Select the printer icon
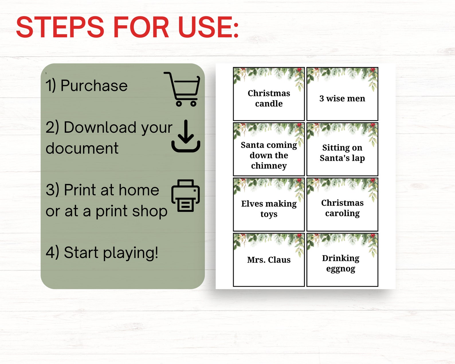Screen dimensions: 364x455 pyautogui.click(x=185, y=196)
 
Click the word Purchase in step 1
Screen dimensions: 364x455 pyautogui.click(x=94, y=86)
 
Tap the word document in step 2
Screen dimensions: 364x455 pyautogui.click(x=82, y=148)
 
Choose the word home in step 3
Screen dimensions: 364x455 pyautogui.click(x=139, y=190)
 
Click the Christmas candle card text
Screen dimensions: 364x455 pyautogui.click(x=269, y=98)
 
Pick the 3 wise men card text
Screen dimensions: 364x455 pyautogui.click(x=342, y=99)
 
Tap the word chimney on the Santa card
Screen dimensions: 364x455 pyautogui.click(x=269, y=166)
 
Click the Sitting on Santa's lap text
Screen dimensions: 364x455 pyautogui.click(x=342, y=153)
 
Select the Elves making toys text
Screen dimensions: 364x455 pyautogui.click(x=269, y=209)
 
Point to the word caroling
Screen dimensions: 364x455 pyautogui.click(x=342, y=214)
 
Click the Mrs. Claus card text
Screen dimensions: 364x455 pyautogui.click(x=269, y=260)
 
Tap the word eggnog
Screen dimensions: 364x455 pyautogui.click(x=341, y=269)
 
